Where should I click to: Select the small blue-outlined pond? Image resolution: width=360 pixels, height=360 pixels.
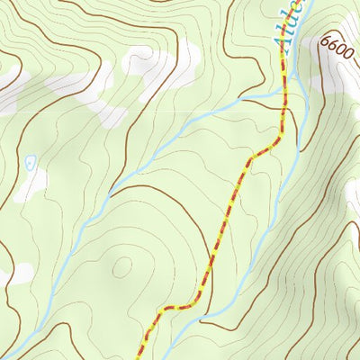(30, 162)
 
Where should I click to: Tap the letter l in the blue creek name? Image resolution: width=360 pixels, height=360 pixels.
(288, 28)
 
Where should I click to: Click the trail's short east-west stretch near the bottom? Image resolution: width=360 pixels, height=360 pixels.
(177, 308)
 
